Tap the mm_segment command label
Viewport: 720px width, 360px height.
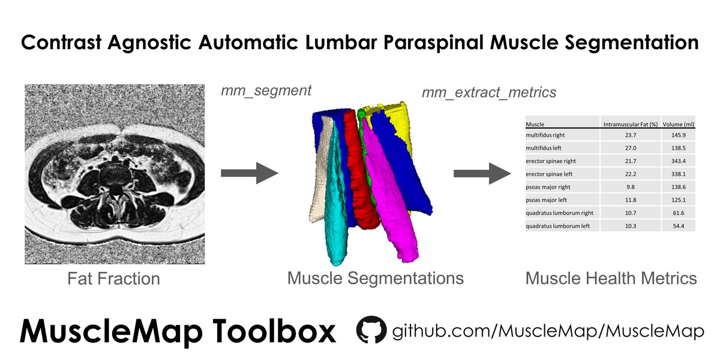click(266, 91)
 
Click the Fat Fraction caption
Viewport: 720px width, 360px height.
click(113, 279)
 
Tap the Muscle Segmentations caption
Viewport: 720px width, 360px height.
click(375, 278)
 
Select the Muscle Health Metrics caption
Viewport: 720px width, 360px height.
click(611, 278)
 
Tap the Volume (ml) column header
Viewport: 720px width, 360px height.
click(678, 125)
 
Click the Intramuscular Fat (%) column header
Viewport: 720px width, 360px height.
click(630, 125)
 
